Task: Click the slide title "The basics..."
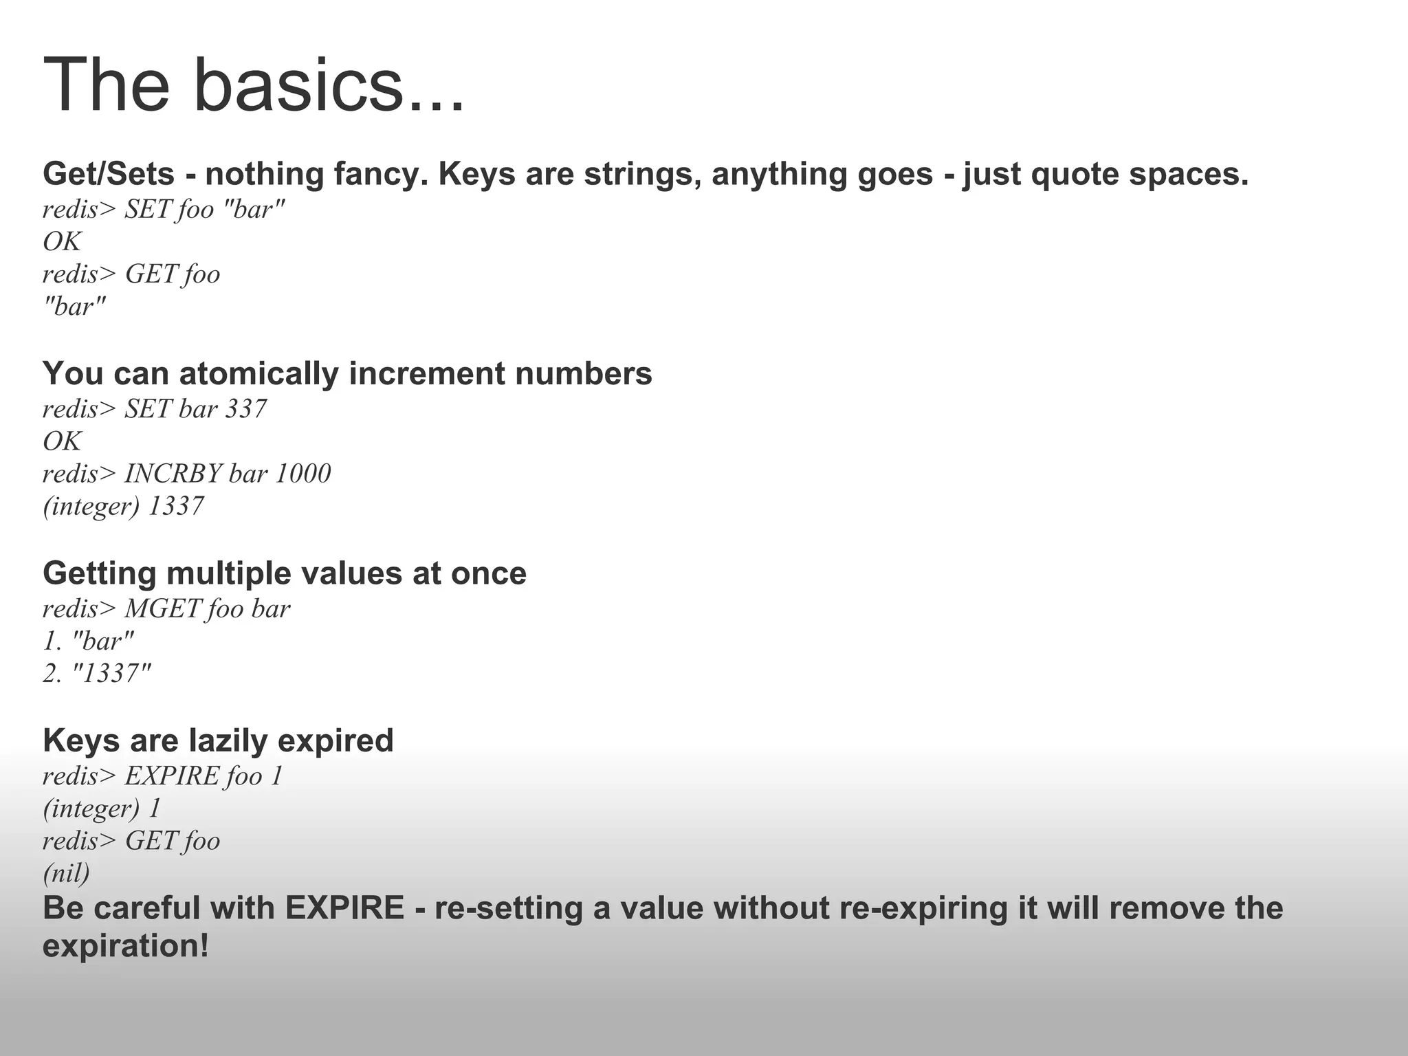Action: tap(253, 86)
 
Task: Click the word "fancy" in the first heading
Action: tap(376, 174)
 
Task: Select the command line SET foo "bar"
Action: tap(164, 209)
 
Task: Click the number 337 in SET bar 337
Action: tap(245, 409)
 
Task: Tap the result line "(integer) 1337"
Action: tap(124, 506)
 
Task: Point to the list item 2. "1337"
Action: tap(97, 673)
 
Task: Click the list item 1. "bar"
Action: tap(88, 641)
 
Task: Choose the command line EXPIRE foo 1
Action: tap(163, 776)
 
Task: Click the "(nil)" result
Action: tap(66, 873)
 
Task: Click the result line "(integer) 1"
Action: tap(102, 808)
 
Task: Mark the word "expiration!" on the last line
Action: tap(126, 946)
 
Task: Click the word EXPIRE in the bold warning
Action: tap(344, 908)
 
